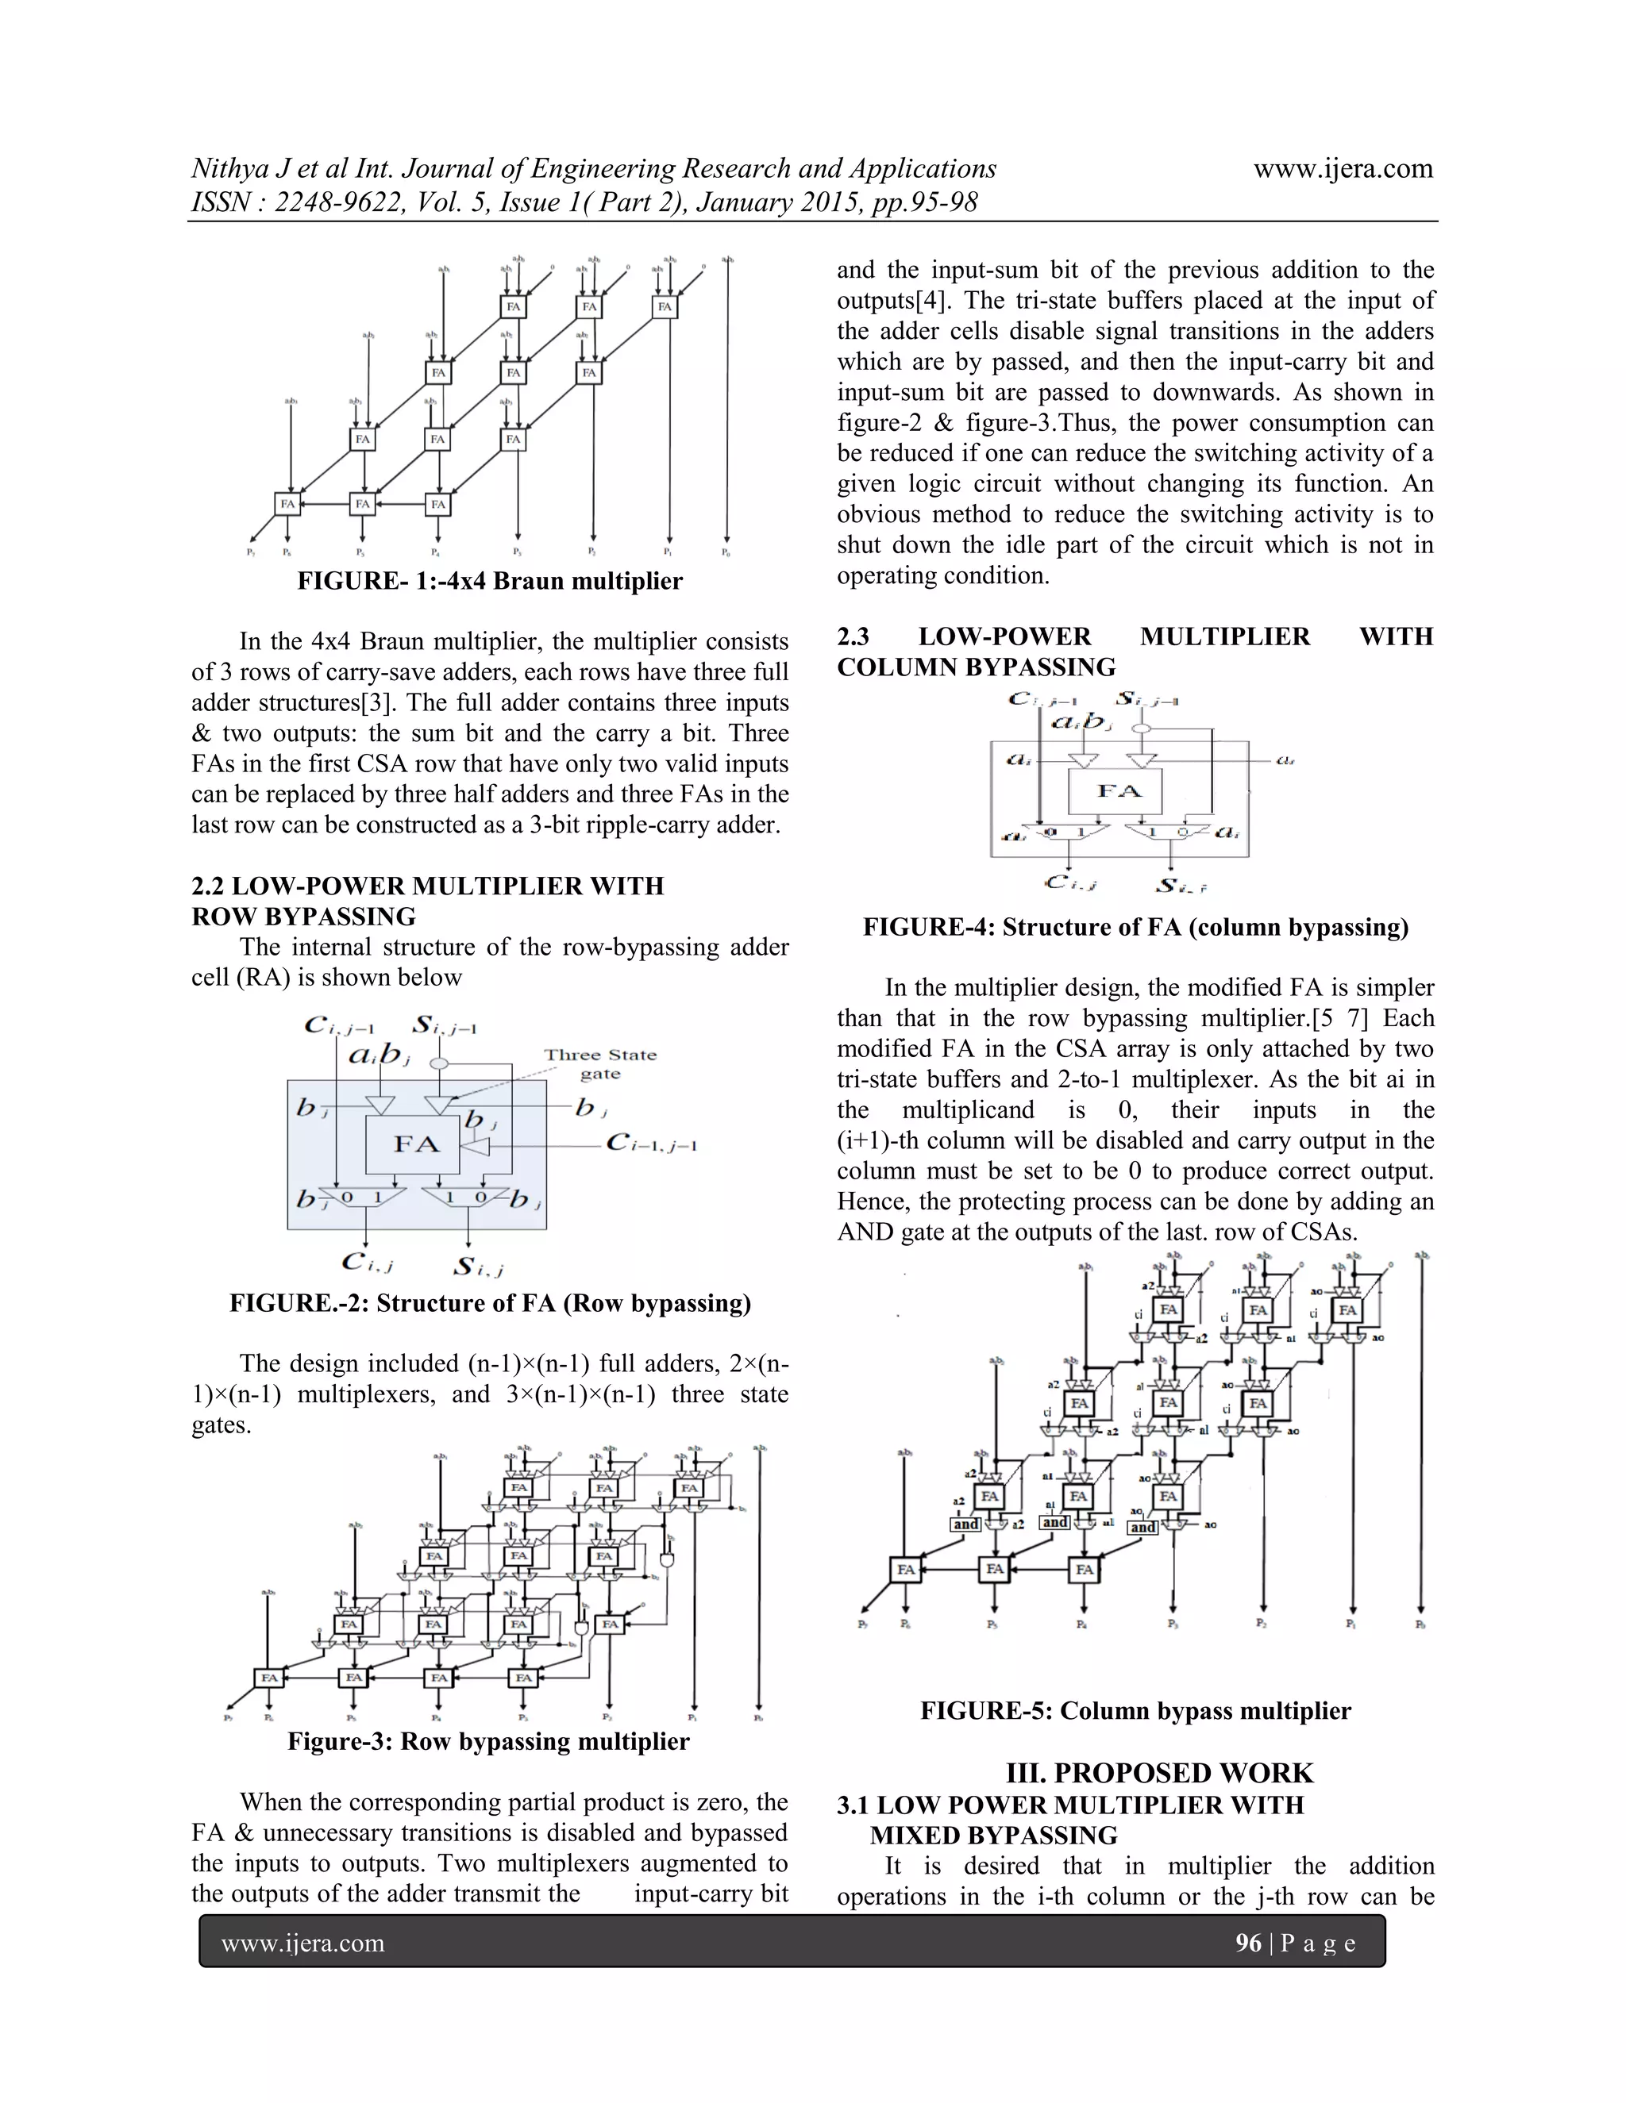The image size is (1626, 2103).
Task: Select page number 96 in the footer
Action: pos(1247,1943)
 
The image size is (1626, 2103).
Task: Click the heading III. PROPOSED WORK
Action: pos(1159,1773)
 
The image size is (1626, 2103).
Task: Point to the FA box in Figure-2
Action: pos(415,1144)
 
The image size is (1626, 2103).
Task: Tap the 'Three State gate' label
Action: pos(599,1064)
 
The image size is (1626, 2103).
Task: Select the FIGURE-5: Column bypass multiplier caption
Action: pos(1135,1710)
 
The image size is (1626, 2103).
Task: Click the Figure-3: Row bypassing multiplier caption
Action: pos(488,1741)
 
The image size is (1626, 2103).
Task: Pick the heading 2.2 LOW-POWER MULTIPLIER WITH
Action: pos(428,886)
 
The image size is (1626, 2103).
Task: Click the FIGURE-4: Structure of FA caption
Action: pos(1135,927)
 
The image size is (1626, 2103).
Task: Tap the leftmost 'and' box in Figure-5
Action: pos(965,1524)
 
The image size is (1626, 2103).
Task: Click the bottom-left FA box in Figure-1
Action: pos(287,504)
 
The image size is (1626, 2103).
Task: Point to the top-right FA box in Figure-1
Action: pos(665,307)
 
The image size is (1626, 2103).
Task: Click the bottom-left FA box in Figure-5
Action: pos(905,1570)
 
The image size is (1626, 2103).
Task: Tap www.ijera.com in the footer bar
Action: pos(302,1943)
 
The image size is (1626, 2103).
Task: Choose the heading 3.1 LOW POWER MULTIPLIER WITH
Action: pos(1069,1805)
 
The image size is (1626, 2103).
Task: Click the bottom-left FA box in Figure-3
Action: pos(270,1678)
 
